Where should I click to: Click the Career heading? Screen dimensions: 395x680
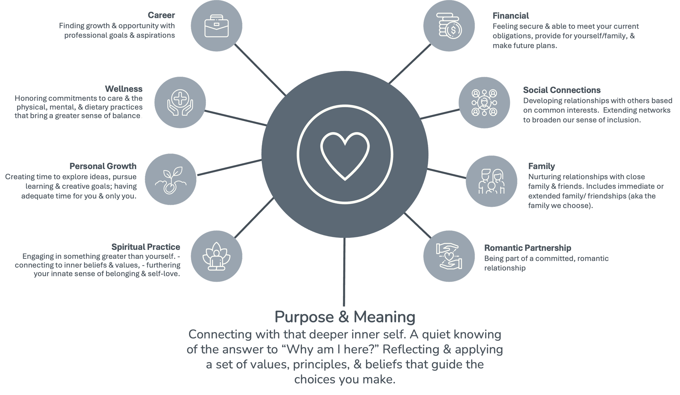(161, 15)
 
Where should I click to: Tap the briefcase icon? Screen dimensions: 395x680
(217, 26)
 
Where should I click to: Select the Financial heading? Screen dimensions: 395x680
(511, 16)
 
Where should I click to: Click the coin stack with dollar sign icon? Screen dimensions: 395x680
(449, 26)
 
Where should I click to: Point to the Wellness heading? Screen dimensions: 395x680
(123, 89)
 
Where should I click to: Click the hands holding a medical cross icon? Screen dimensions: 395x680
(180, 102)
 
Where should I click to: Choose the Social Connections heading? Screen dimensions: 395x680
(562, 90)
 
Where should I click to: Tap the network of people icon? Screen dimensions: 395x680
(484, 102)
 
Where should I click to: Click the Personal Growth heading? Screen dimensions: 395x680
(103, 166)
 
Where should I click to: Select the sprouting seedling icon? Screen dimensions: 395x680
(171, 180)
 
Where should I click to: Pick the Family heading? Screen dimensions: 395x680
(541, 166)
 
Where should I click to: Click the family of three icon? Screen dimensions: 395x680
(491, 181)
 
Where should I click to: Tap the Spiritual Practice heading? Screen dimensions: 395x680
(146, 247)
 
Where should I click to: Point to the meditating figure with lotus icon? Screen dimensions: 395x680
(217, 256)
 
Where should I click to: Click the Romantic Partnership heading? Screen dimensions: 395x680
(527, 248)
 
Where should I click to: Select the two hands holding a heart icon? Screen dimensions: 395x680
(449, 256)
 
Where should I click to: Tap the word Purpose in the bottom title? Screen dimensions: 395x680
(304, 317)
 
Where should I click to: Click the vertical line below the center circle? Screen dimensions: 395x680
(344, 272)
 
